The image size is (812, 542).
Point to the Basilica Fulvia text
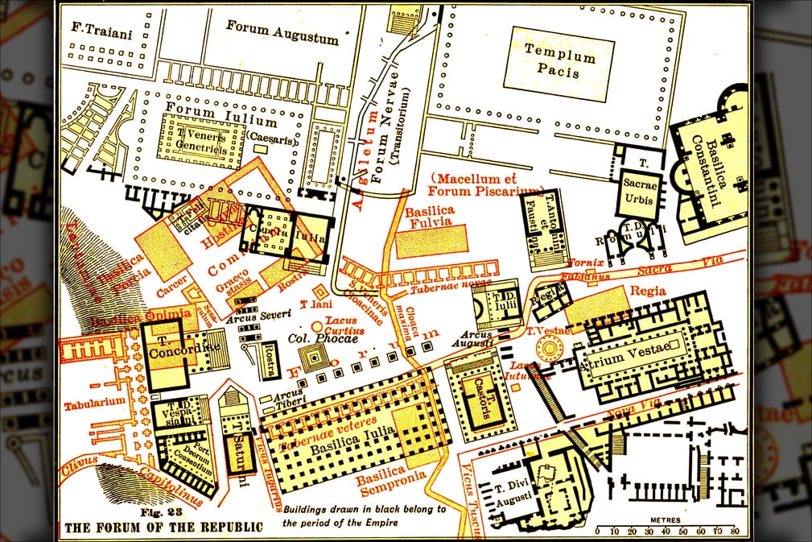(x=429, y=217)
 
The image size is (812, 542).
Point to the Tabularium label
(x=95, y=400)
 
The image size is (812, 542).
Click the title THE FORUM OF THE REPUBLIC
(x=163, y=528)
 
